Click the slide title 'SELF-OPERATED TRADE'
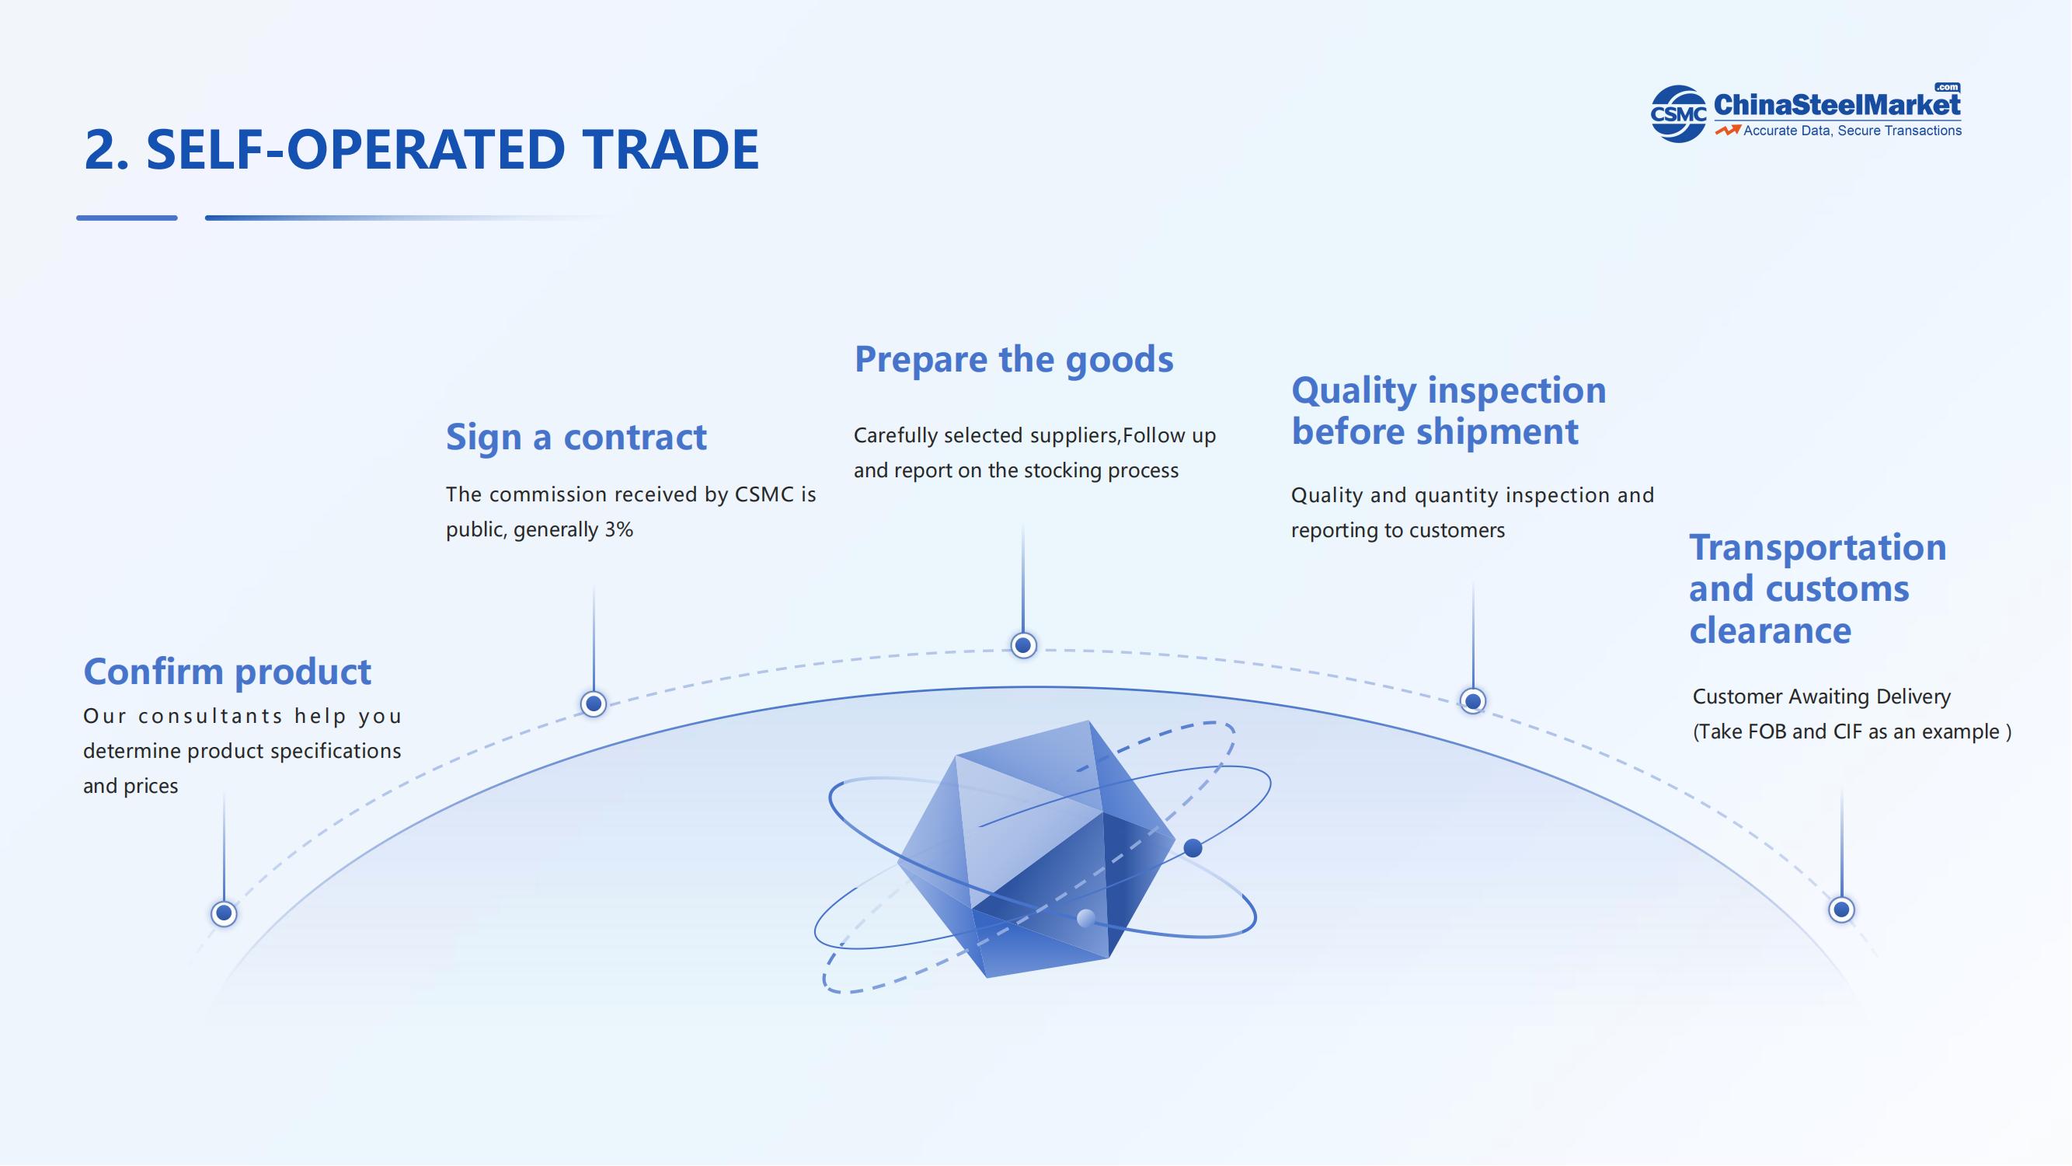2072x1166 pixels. (452, 150)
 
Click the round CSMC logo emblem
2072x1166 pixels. (1678, 114)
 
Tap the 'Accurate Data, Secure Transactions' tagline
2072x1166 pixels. (1852, 131)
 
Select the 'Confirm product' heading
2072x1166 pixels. (227, 672)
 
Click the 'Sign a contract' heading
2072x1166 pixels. (576, 438)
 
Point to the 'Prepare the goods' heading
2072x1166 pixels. (1014, 360)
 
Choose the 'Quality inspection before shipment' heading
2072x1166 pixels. (1448, 410)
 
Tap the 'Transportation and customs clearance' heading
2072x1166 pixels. (1817, 589)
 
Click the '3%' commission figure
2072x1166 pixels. (618, 529)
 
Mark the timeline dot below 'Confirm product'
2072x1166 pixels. (224, 913)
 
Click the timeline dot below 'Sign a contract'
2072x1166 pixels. (594, 704)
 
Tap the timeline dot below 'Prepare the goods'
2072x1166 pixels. (1023, 645)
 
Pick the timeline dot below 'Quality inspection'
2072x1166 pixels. (1473, 701)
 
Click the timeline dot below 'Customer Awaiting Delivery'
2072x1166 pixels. (1841, 910)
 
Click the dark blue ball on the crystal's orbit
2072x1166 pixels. (1193, 847)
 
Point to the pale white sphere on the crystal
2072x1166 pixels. (1086, 918)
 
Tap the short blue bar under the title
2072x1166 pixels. (127, 218)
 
